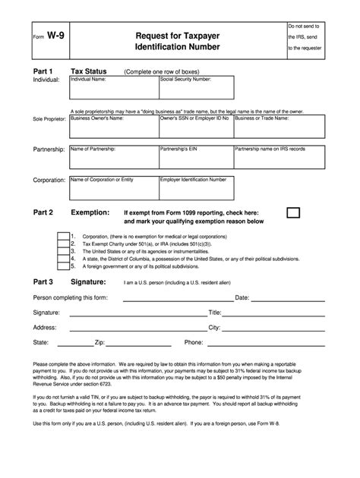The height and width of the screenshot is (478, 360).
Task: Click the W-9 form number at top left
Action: click(52, 35)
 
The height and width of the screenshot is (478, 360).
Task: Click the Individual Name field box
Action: click(113, 86)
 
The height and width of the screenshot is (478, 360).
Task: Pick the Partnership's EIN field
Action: click(195, 156)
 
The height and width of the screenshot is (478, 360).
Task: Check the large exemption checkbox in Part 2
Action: click(293, 212)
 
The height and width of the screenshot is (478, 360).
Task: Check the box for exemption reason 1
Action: click(62, 236)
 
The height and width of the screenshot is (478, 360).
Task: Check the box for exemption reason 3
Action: click(62, 251)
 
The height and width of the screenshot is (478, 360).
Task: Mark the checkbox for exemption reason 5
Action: click(62, 266)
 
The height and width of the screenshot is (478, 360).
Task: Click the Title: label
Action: click(214, 312)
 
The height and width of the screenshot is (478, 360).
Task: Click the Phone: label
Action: click(194, 342)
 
